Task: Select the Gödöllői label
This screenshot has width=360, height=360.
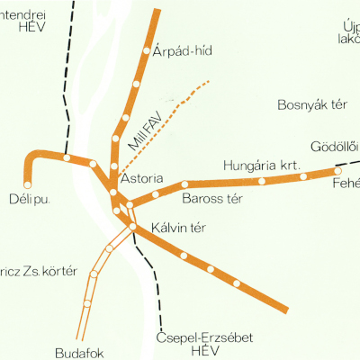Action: click(334, 147)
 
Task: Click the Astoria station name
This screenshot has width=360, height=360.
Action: click(141, 179)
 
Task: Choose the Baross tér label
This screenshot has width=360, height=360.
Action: click(213, 198)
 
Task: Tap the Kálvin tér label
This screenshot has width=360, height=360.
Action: click(179, 228)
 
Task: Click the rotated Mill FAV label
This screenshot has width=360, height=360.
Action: click(144, 130)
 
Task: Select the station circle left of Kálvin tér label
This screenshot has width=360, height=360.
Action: click(133, 227)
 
